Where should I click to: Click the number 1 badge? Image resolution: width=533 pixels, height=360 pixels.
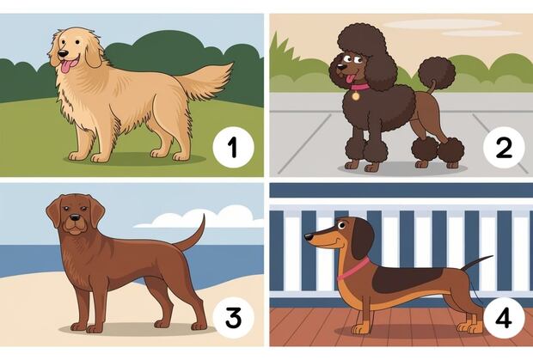233,148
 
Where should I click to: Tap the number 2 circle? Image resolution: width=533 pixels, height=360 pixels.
504,148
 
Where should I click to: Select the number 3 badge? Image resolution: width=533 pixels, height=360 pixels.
233,318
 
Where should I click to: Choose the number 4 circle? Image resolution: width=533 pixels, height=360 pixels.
504,318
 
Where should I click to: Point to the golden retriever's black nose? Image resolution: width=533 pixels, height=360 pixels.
63,53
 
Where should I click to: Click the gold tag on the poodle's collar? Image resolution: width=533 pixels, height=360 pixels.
356,96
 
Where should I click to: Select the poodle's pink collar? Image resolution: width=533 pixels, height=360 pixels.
360,87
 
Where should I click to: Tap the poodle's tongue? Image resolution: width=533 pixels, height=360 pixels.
348,79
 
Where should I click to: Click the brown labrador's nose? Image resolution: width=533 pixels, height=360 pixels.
74,217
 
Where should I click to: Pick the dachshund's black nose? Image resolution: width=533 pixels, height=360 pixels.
309,236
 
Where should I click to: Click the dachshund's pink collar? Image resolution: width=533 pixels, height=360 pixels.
353,269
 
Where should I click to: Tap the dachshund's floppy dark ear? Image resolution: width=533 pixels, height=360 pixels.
362,239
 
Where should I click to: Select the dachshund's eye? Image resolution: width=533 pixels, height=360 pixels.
341,225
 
